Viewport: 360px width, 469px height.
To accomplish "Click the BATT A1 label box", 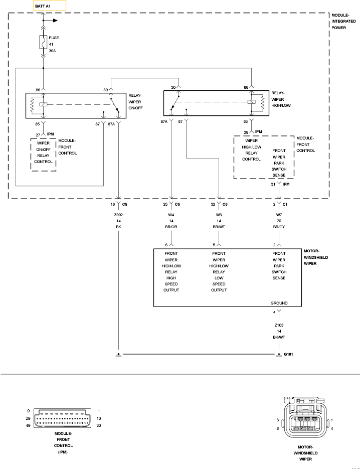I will [x=49, y=6].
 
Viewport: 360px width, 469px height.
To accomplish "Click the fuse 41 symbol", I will [x=44, y=42].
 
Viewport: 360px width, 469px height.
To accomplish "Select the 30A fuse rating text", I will [x=52, y=51].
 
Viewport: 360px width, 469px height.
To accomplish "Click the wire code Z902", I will [x=119, y=214].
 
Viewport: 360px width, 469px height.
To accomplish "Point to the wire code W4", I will [x=171, y=214].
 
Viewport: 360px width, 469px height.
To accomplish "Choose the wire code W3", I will [x=219, y=214].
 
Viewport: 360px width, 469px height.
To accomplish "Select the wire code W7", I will [x=279, y=214].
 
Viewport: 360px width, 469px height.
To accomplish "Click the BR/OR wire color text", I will [x=171, y=227].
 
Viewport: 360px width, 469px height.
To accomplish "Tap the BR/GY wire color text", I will [x=279, y=227].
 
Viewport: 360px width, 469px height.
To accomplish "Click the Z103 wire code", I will [x=279, y=325].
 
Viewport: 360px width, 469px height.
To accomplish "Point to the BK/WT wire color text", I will [x=279, y=338].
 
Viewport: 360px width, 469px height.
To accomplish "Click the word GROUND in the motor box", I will [x=279, y=303].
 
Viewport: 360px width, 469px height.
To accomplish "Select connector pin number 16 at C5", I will [x=113, y=205].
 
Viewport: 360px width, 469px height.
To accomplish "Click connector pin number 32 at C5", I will [x=213, y=205].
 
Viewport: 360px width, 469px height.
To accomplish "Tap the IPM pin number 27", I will [x=38, y=135].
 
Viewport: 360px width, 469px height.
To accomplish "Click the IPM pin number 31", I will [x=273, y=185].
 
